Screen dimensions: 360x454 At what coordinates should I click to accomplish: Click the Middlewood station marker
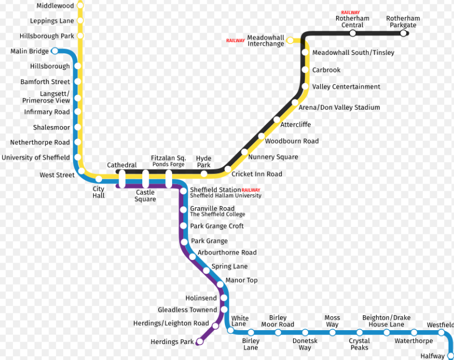tap(80, 5)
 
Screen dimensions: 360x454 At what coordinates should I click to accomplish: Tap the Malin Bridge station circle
tap(54, 51)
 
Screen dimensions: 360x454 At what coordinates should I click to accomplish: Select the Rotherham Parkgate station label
tap(403, 22)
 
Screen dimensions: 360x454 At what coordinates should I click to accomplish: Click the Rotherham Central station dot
tap(353, 33)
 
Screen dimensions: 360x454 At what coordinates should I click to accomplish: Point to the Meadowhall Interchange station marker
tap(290, 40)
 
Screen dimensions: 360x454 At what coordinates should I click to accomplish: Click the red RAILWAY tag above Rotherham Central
tap(351, 12)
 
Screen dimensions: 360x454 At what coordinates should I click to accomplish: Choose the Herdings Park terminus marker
tap(200, 342)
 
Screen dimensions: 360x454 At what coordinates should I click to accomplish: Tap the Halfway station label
tap(432, 356)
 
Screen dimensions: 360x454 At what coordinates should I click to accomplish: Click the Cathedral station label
tap(122, 165)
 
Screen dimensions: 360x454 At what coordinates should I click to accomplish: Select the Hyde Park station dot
tap(204, 174)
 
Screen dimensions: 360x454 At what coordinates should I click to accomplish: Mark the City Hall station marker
tap(99, 179)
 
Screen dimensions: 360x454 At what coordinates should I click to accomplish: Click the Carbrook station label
tap(326, 70)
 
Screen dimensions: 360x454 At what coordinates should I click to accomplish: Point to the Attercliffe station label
tap(295, 125)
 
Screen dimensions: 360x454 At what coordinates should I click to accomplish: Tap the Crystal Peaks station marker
tap(360, 332)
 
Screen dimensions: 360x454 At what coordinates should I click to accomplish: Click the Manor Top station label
tap(241, 280)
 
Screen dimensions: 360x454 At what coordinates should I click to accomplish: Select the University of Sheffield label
tap(36, 158)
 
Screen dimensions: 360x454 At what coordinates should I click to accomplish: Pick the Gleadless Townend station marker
tap(224, 309)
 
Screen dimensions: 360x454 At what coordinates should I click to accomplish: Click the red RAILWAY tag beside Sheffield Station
tap(251, 190)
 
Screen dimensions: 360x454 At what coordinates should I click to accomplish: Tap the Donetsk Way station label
tap(305, 344)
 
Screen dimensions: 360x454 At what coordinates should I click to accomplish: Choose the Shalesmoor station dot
tap(78, 127)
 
